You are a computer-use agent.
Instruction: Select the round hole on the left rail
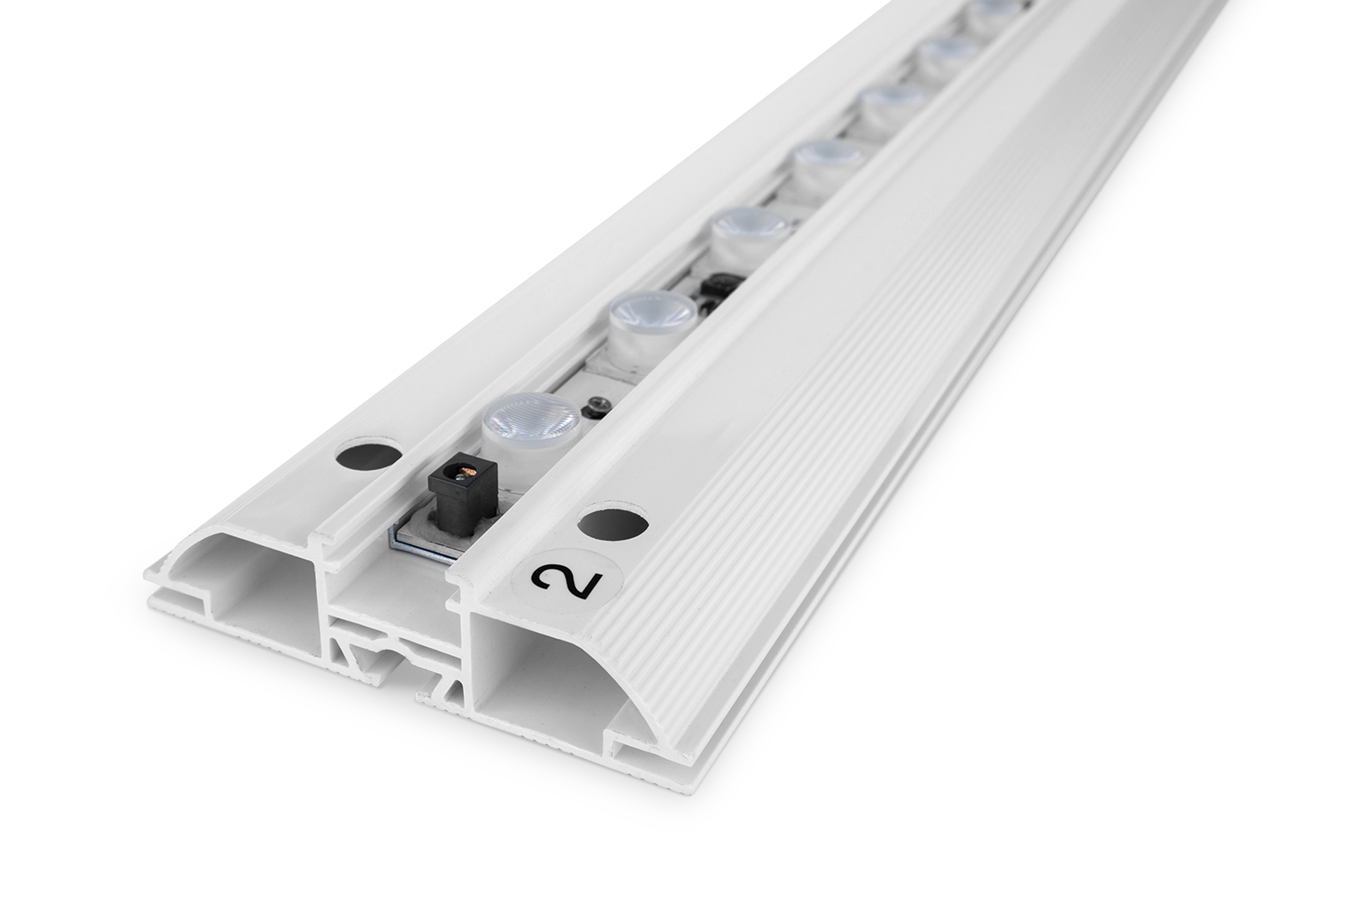click(368, 455)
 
